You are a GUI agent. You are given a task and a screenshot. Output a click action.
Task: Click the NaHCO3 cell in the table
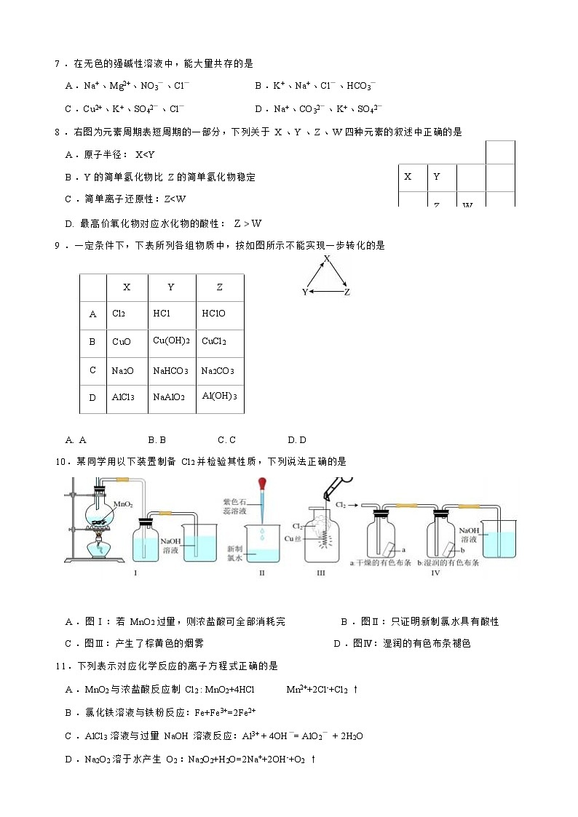click(x=170, y=371)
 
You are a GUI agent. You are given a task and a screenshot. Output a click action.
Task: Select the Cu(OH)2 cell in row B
click(x=171, y=341)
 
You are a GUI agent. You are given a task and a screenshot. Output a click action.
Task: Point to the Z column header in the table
click(x=219, y=287)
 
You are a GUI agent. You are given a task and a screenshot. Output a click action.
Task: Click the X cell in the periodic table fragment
click(x=408, y=177)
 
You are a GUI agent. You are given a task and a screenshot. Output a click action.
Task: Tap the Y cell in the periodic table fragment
click(x=436, y=177)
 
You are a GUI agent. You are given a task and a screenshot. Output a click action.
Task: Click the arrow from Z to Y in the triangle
click(x=325, y=292)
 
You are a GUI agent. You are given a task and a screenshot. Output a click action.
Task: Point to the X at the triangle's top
click(x=327, y=259)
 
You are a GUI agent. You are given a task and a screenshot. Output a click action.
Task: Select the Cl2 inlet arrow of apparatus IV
click(x=353, y=503)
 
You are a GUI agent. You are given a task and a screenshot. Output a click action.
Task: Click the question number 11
click(x=61, y=666)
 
